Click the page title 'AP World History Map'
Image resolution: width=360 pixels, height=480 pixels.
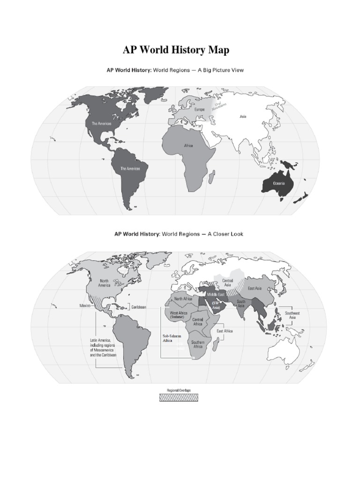tap(176, 50)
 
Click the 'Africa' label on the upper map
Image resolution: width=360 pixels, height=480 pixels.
tap(188, 146)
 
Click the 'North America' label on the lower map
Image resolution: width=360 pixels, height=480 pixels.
tap(105, 283)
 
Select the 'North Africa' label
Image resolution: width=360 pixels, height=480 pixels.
tap(184, 299)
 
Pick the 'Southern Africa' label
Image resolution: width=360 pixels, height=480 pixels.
tap(197, 344)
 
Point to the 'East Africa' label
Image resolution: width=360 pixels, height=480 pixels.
tap(225, 331)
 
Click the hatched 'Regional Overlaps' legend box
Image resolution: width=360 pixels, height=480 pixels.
tap(179, 397)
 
